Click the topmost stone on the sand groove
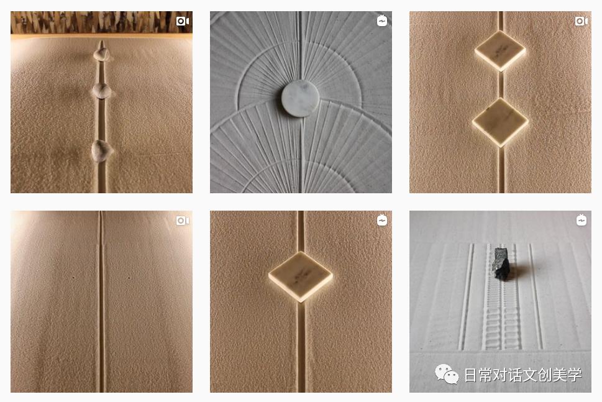(101, 54)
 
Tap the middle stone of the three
(102, 91)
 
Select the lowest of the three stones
(101, 151)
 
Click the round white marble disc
(300, 98)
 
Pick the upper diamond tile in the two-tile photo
(500, 51)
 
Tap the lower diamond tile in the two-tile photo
(500, 122)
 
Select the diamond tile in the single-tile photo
(301, 276)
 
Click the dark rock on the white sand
(501, 264)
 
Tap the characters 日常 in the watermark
(478, 375)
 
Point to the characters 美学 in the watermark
(567, 375)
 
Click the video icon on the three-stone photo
(183, 21)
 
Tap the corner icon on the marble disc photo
(381, 21)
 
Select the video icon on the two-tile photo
(581, 21)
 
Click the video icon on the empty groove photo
(183, 221)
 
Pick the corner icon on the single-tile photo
(381, 221)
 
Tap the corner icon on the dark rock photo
(581, 221)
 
